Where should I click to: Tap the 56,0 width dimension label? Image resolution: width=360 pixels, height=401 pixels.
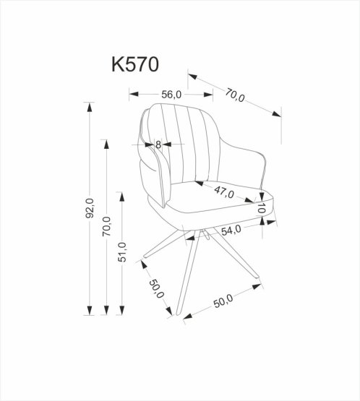pyautogui.click(x=171, y=94)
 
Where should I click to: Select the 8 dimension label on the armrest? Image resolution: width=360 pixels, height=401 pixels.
pyautogui.click(x=158, y=145)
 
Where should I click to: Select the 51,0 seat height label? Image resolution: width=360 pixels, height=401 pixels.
pyautogui.click(x=124, y=254)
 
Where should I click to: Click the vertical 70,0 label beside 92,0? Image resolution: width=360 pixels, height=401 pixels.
pyautogui.click(x=107, y=228)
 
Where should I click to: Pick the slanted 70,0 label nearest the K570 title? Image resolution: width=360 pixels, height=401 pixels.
pyautogui.click(x=235, y=94)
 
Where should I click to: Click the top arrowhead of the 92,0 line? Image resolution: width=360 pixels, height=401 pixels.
pyautogui.click(x=90, y=107)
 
